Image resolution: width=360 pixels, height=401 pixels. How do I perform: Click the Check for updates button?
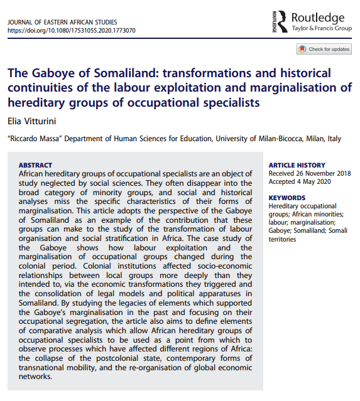[324, 49]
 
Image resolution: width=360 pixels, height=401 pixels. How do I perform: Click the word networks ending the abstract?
[38, 377]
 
